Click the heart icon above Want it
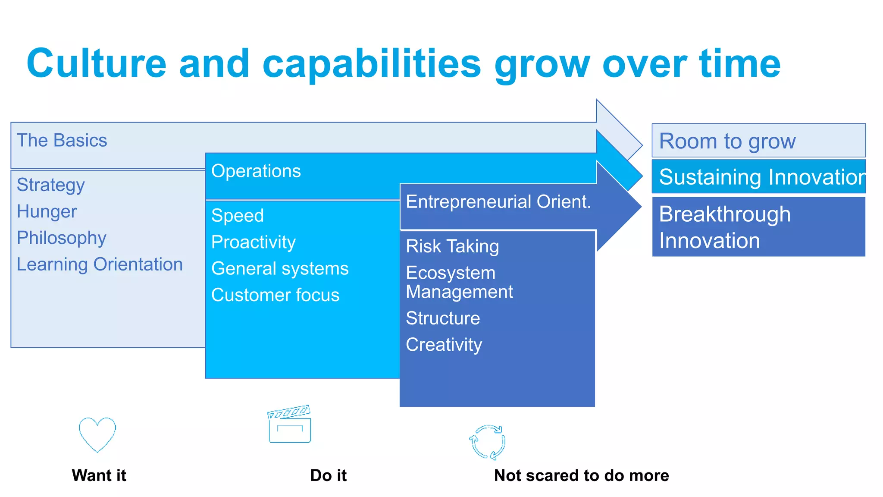97,434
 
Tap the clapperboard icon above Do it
289,425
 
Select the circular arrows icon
488,442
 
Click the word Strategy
50,185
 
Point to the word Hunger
47,212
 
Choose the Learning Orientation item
100,264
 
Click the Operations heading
256,171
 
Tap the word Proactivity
254,242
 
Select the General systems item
280,269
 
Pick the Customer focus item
275,296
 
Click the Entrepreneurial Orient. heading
498,202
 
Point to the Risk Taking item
452,246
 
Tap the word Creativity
444,345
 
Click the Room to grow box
758,141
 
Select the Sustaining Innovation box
758,177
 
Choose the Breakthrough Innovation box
758,227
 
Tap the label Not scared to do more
581,475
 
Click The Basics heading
62,141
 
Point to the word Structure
443,318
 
